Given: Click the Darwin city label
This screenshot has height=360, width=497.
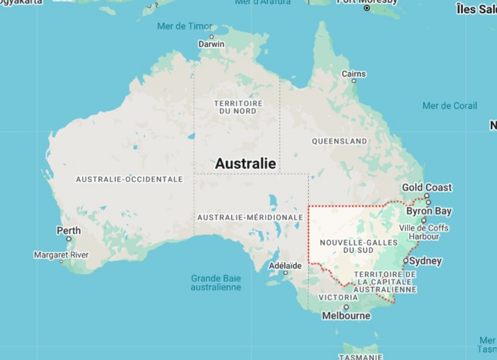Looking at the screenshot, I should coord(212,45).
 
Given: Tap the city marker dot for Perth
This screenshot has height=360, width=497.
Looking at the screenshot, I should coord(69,239).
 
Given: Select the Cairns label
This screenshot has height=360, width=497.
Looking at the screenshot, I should coord(353,73).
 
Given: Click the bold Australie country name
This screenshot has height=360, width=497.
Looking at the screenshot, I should coord(245,163).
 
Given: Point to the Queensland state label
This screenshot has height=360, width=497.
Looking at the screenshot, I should coord(339,141).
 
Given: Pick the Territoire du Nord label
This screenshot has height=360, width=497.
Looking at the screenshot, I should coord(238,106).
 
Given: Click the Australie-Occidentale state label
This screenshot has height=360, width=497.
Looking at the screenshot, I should coord(129,179).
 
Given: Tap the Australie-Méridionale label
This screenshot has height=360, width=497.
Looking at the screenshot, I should coord(250,218).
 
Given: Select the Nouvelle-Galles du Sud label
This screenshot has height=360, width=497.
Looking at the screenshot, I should coord(349,246).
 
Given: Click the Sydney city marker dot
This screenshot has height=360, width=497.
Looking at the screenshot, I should coord(406,260).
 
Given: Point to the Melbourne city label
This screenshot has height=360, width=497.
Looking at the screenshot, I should coord(346,315).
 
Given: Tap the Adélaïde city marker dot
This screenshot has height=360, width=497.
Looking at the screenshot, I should coord(286,272).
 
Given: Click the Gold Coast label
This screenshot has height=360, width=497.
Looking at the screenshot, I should coord(426,188).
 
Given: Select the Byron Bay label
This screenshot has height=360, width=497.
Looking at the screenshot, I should coord(428,212).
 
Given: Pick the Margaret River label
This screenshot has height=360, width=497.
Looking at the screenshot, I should coord(61,255).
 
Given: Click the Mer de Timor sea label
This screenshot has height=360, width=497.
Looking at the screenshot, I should coord(184,26).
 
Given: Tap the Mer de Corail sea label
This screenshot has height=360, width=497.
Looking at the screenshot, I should coord(450,106).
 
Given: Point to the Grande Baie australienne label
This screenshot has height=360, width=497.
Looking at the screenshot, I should coord(216,283).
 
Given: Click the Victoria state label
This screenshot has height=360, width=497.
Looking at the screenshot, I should coord(339,297).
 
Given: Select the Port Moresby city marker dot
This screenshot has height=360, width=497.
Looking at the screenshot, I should coord(367,8).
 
